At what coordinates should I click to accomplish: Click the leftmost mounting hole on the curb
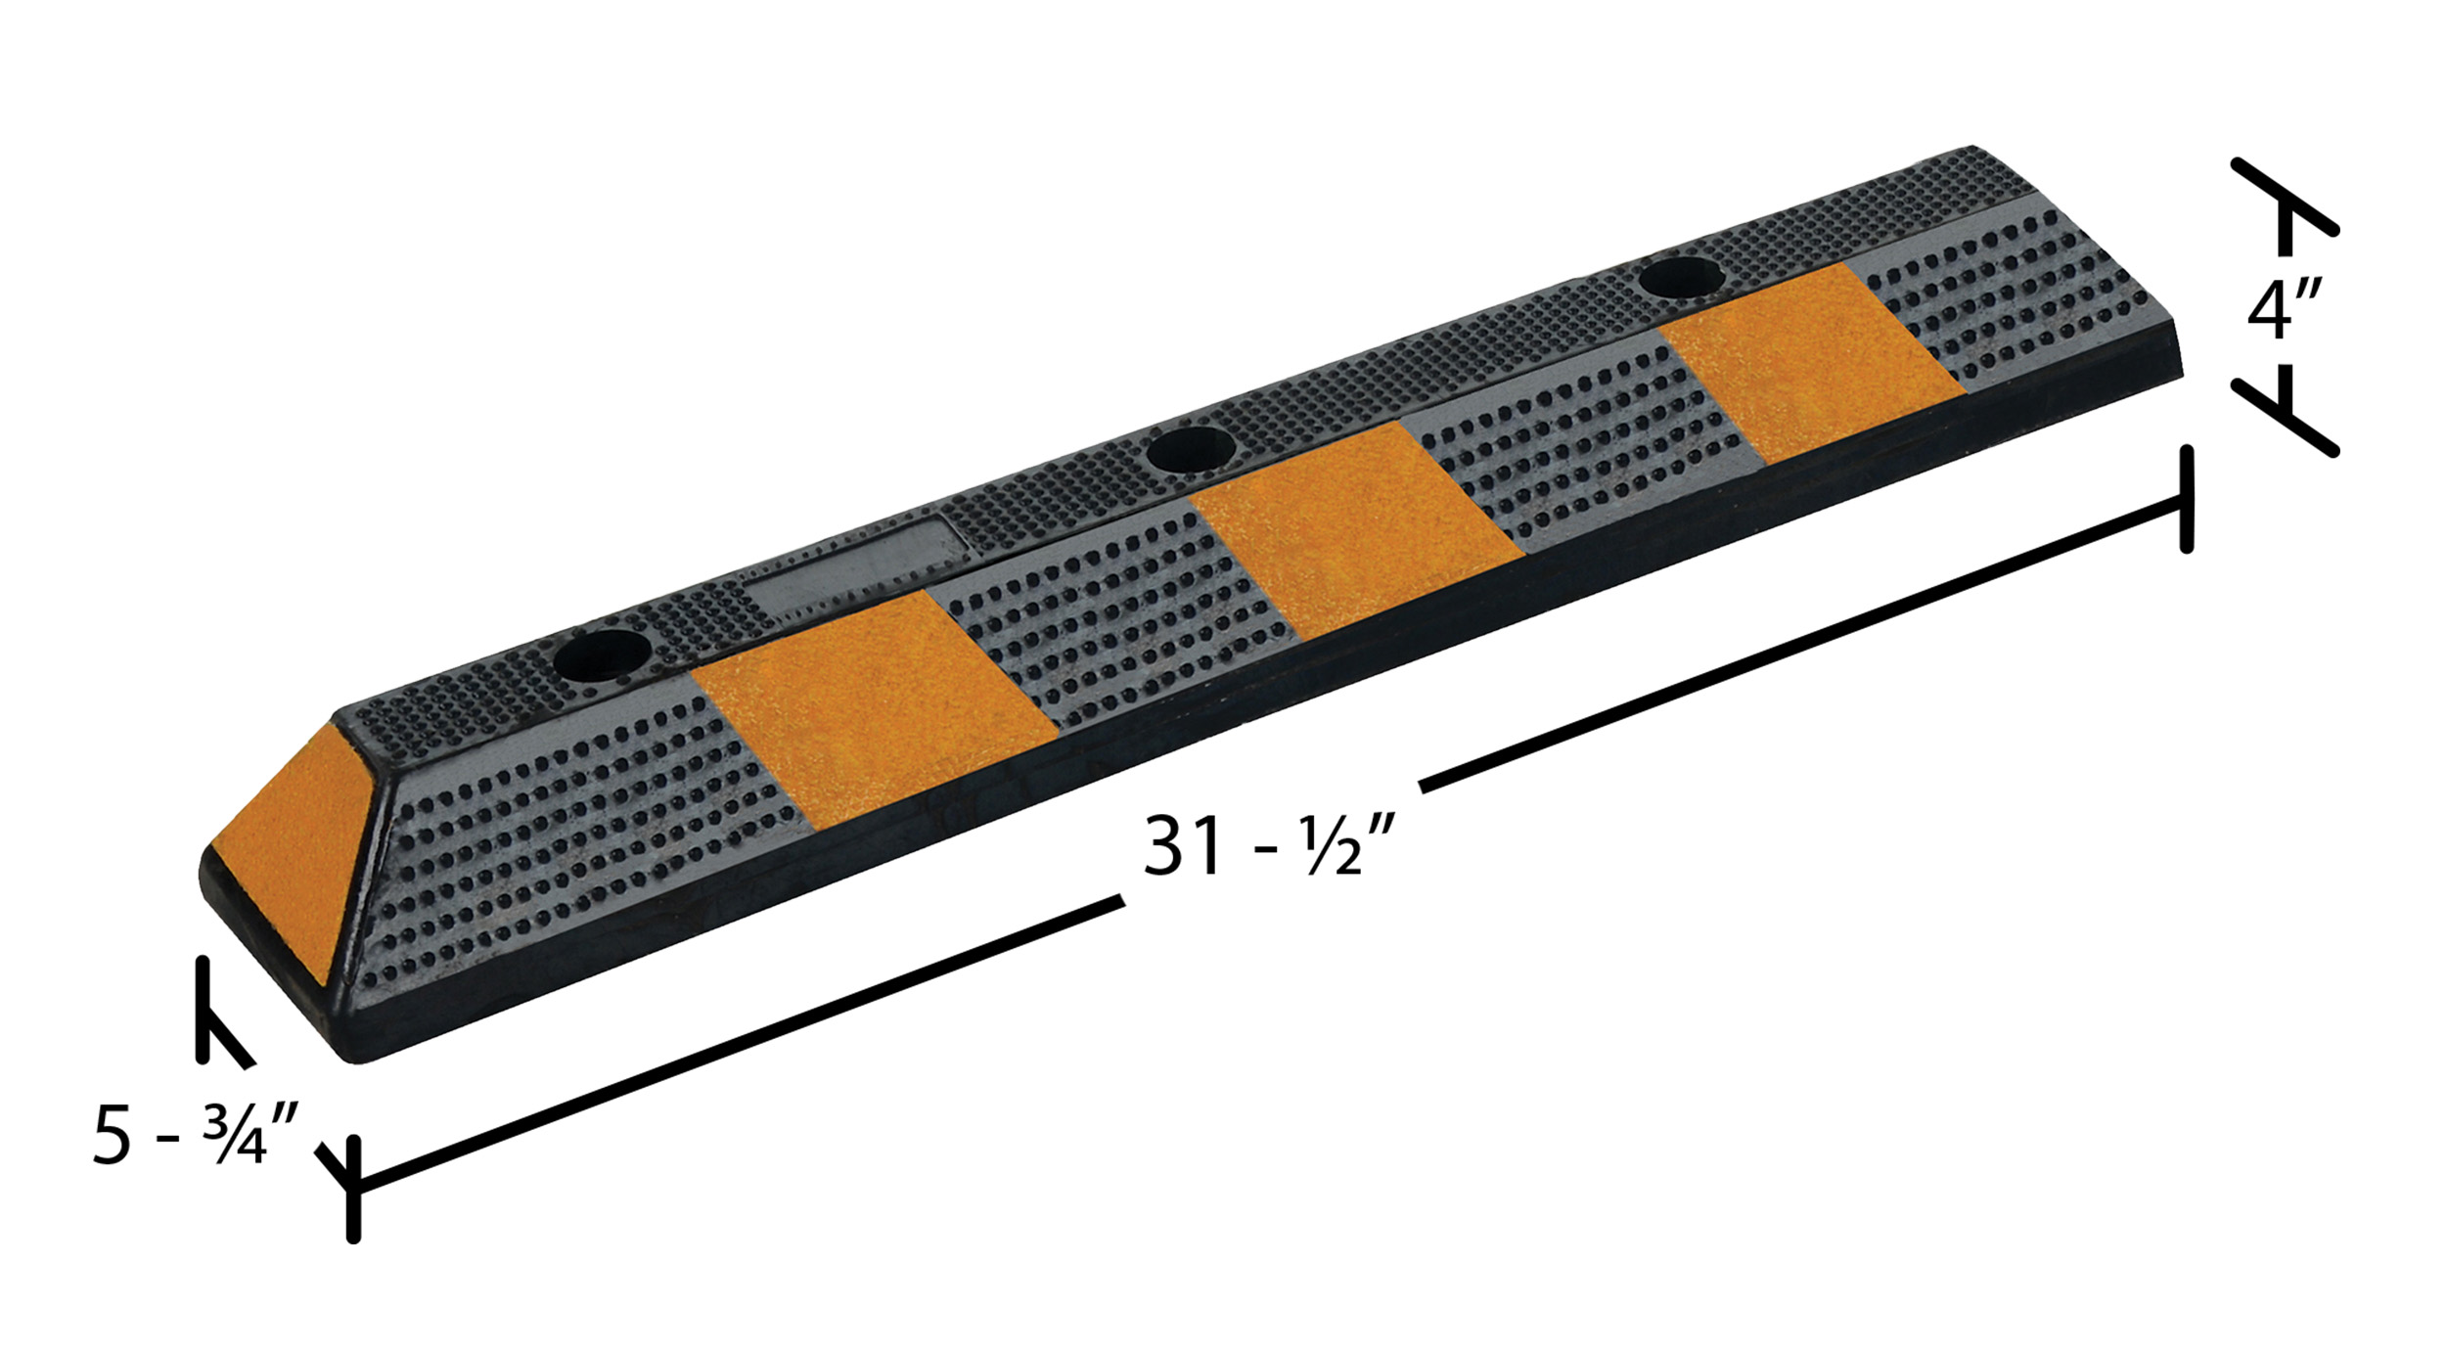[x=603, y=656]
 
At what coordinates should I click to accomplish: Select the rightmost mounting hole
[x=1684, y=275]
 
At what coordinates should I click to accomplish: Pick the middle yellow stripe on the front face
[x=1357, y=529]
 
